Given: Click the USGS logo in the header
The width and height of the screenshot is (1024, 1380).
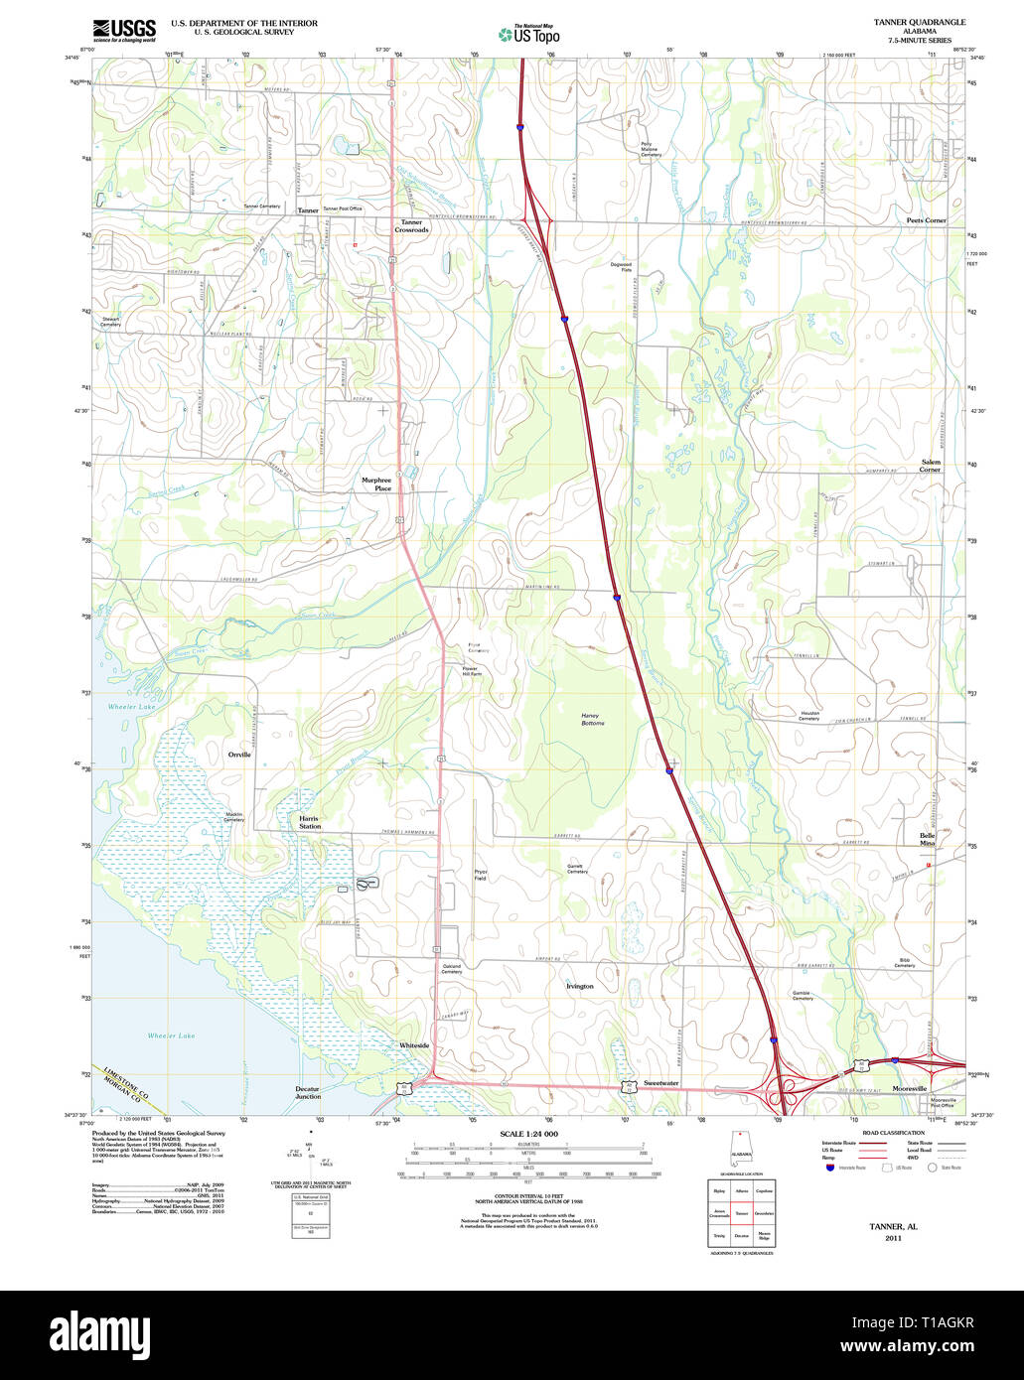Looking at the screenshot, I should coord(124,30).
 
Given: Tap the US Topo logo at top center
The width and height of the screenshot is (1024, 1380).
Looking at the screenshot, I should coord(529,34).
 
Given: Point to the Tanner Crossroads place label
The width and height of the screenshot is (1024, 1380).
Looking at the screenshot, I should coord(411,226).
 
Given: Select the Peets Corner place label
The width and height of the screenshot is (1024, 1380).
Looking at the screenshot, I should coord(926,220).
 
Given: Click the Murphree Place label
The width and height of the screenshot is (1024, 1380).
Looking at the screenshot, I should coord(376,484).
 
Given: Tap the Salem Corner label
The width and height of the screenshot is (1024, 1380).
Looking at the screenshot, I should coord(930,466).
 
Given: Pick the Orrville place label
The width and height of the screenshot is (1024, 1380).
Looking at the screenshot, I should coord(239,755).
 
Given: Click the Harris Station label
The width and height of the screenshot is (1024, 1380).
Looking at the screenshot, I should coord(310,822).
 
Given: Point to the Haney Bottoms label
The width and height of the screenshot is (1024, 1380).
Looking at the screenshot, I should coord(593,719).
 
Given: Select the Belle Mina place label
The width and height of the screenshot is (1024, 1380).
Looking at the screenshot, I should coord(928,839).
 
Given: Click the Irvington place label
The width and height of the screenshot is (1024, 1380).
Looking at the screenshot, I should coord(579,986).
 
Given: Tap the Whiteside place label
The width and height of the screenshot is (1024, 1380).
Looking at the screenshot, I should coord(414,1045).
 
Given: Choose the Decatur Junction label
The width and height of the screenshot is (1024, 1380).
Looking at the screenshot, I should coord(308,1092).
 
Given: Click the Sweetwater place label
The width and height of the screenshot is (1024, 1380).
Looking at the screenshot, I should coord(660,1083).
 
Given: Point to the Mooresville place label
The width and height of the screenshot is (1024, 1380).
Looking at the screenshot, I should coord(909,1089).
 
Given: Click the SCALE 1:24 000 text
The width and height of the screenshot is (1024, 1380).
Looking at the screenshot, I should coord(528,1134).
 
